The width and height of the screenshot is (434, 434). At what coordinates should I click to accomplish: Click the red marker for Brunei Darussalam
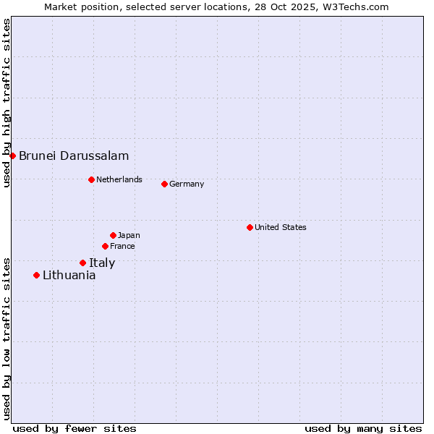(x=12, y=156)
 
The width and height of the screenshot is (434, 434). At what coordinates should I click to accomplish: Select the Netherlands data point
(x=91, y=179)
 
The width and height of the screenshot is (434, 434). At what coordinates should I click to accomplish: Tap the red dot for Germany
(x=164, y=184)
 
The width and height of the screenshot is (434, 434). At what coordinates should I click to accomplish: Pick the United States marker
(x=250, y=227)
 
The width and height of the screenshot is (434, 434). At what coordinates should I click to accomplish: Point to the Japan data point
(x=113, y=235)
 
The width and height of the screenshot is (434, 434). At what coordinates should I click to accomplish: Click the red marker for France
(x=105, y=246)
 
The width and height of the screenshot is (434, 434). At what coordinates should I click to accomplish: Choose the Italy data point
(x=82, y=263)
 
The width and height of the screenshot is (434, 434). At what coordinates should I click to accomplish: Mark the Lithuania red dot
(x=36, y=275)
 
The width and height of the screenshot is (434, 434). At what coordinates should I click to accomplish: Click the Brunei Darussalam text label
(x=74, y=156)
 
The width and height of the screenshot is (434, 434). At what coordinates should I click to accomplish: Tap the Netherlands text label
(x=119, y=179)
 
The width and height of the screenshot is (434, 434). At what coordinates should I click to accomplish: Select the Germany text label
(x=187, y=184)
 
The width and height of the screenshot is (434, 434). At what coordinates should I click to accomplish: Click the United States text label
(x=281, y=227)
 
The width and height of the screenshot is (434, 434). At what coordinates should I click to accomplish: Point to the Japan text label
(x=129, y=235)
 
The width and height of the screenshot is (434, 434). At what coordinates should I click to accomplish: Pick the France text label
(x=122, y=246)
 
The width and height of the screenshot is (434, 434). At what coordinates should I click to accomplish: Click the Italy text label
(x=102, y=263)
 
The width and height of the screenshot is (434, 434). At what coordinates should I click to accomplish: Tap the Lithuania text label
(x=69, y=275)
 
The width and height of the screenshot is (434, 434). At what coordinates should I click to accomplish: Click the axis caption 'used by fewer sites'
(x=75, y=428)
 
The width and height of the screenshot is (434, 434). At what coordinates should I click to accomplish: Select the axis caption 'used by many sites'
(x=363, y=428)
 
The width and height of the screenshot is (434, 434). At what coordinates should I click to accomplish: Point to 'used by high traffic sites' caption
(x=7, y=103)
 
